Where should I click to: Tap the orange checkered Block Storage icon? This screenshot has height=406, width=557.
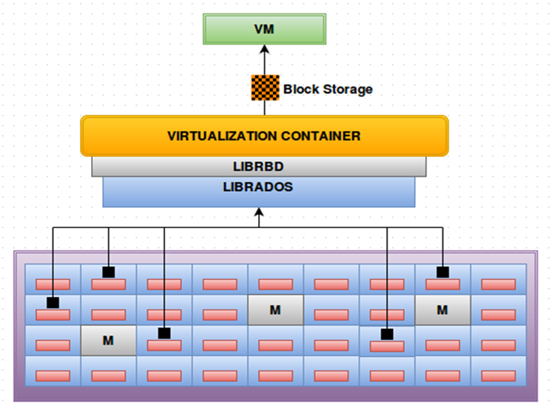point(264,89)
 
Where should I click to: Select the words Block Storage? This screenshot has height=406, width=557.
point(328,90)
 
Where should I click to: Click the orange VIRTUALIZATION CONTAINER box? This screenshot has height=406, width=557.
point(264,136)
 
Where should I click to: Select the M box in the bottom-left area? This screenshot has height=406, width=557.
point(108,341)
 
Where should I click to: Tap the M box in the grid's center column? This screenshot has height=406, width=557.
point(275,310)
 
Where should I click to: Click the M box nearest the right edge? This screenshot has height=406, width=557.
point(442,310)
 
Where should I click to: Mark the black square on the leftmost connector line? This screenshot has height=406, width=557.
point(53,302)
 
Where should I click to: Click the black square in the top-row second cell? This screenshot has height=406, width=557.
point(109,273)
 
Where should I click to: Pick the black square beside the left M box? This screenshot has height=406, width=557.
point(164,334)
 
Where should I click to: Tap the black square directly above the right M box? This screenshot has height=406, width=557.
point(442,273)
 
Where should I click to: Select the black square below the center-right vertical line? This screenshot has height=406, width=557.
point(387,334)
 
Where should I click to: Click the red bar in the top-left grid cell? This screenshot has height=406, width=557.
point(53,284)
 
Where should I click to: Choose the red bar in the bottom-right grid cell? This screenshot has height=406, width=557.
point(499,376)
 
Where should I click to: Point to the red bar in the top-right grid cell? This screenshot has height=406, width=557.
point(499,284)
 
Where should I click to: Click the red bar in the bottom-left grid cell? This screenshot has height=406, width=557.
point(53,376)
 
